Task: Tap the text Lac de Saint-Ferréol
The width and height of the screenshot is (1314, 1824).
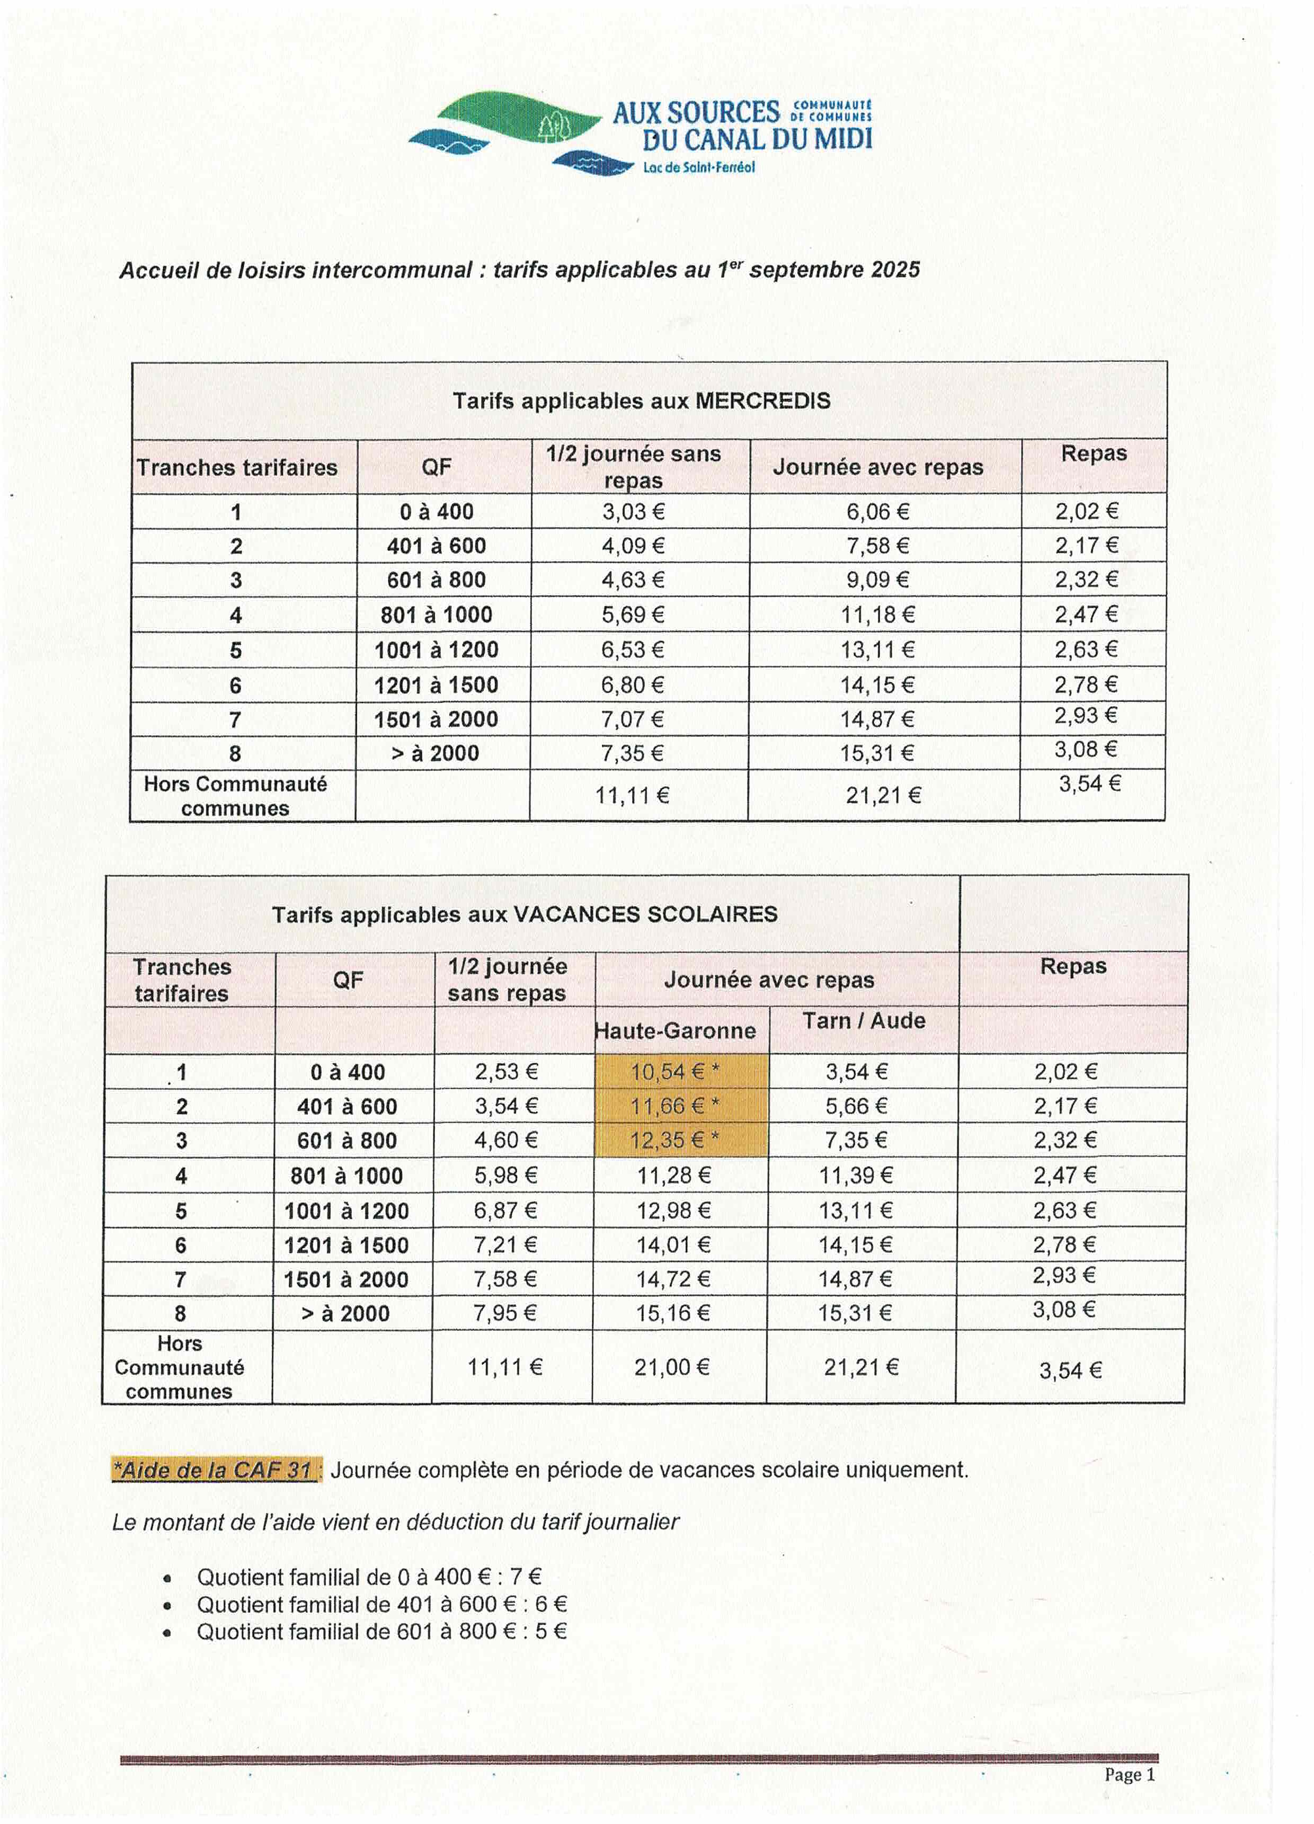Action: (698, 168)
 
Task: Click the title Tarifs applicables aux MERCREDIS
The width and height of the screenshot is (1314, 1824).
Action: (641, 401)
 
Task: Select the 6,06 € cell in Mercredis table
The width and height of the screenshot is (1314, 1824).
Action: (877, 511)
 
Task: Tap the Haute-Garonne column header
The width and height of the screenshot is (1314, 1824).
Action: (676, 1030)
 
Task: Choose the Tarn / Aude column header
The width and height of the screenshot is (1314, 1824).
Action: (864, 1020)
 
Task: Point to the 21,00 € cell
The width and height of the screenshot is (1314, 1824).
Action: (671, 1367)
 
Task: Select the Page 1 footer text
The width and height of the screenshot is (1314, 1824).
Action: (1129, 1774)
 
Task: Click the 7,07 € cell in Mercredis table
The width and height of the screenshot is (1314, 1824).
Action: (633, 719)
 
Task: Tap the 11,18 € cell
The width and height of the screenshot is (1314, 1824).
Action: (877, 615)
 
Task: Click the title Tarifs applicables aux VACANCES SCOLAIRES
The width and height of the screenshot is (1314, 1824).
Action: (525, 914)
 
